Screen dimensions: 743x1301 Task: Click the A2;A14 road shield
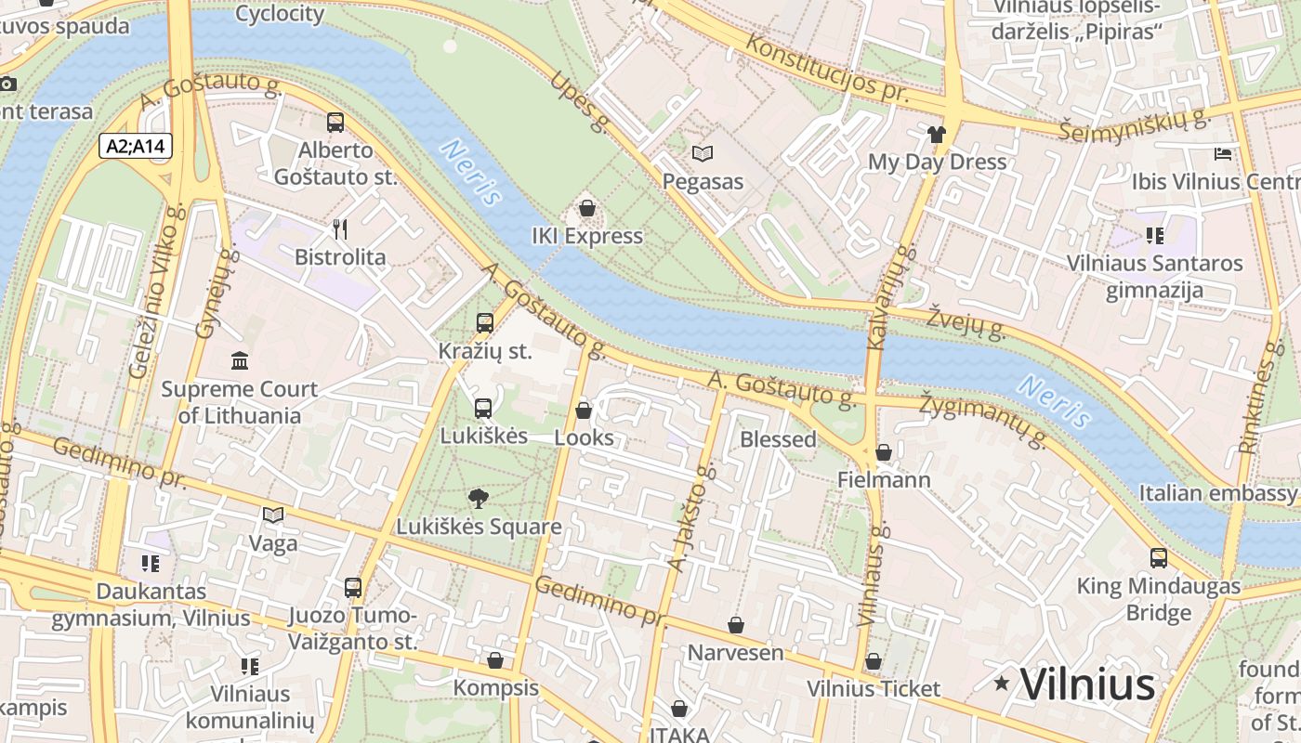coord(135,146)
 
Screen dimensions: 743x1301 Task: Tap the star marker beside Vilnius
coord(1001,684)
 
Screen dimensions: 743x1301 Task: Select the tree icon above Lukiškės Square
coord(479,499)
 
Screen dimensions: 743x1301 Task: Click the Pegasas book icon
coord(703,153)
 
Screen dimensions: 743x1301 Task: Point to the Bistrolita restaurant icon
coord(340,229)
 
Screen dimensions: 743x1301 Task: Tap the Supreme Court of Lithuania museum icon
coord(240,360)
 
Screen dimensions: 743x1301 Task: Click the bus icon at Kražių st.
coord(484,323)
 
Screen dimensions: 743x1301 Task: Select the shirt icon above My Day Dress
coord(936,135)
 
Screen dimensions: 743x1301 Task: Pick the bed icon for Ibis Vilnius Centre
coord(1223,153)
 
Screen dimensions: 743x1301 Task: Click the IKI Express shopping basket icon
coord(586,209)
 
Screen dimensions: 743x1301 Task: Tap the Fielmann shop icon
coord(883,452)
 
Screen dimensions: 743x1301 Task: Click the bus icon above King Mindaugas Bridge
coord(1158,558)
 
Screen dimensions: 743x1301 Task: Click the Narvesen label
coord(735,653)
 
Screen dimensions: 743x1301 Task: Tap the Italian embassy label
coord(1217,493)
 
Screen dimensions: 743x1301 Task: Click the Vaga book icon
coord(272,515)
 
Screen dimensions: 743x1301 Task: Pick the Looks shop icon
coord(584,410)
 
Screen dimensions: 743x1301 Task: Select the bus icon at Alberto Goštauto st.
coord(335,122)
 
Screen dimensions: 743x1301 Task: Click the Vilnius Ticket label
coord(873,689)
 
